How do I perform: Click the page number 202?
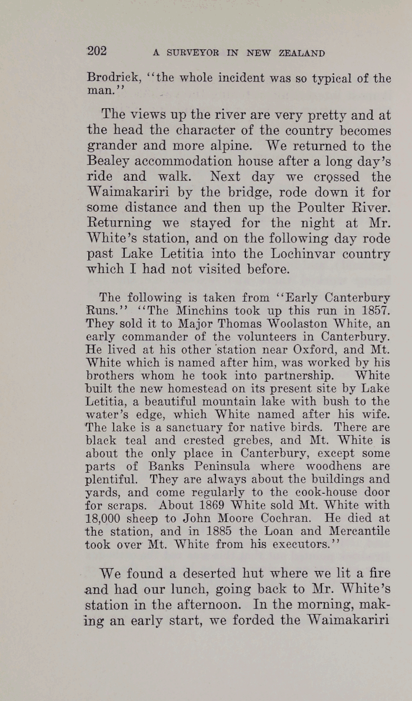(97, 51)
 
